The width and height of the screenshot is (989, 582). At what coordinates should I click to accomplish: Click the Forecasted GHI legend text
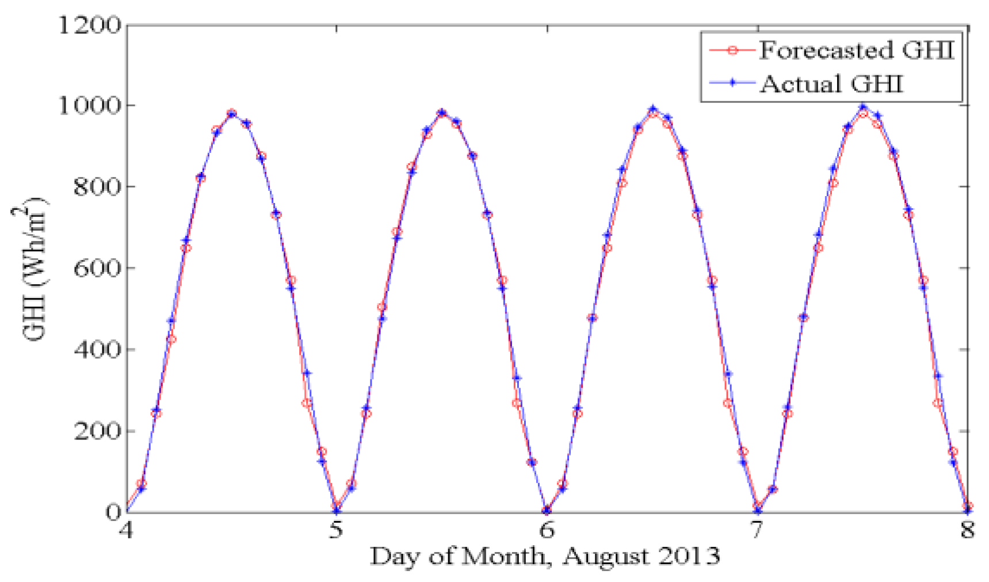pyautogui.click(x=856, y=50)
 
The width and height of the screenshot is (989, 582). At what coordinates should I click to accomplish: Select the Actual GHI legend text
pyautogui.click(x=831, y=84)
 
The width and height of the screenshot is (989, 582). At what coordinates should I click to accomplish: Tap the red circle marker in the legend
pyautogui.click(x=732, y=51)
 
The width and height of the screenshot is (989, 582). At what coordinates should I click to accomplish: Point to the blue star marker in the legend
pyautogui.click(x=732, y=83)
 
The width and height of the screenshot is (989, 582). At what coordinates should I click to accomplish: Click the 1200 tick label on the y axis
pyautogui.click(x=90, y=25)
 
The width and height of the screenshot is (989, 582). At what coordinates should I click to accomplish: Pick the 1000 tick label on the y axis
pyautogui.click(x=90, y=106)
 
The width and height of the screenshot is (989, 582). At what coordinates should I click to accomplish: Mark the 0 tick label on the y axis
pyautogui.click(x=113, y=512)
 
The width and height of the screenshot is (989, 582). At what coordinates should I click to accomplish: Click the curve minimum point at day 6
pyautogui.click(x=547, y=510)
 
